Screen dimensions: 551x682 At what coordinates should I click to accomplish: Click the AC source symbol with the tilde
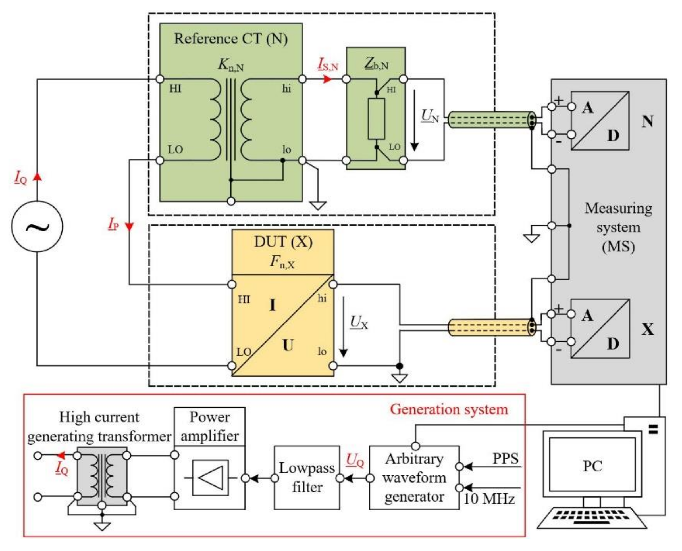point(37,226)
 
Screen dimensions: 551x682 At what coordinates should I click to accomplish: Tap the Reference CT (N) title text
point(231,39)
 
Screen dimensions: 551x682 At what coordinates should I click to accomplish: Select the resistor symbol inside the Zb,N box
point(376,119)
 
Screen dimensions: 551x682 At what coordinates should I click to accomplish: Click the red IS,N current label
point(328,65)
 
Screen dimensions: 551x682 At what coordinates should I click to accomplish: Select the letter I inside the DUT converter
point(273,305)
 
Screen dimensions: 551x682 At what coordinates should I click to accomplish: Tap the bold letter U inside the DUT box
point(288,345)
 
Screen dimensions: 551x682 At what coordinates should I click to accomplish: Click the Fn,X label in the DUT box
point(282,262)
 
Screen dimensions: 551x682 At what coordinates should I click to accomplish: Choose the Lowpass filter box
point(307,478)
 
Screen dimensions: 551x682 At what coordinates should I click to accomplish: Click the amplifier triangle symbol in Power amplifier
point(210,478)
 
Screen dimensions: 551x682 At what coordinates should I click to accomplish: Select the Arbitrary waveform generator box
point(414,478)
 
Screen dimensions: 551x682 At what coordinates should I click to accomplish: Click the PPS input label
point(506,458)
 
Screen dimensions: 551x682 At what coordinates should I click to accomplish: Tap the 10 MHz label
point(489,499)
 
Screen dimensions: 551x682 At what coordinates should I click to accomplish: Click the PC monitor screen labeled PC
point(592,466)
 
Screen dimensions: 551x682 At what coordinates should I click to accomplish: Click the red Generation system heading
point(449,409)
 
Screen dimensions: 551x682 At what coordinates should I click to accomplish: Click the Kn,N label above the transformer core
point(231,65)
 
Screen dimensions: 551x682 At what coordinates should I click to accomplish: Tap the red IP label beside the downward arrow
point(113,224)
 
